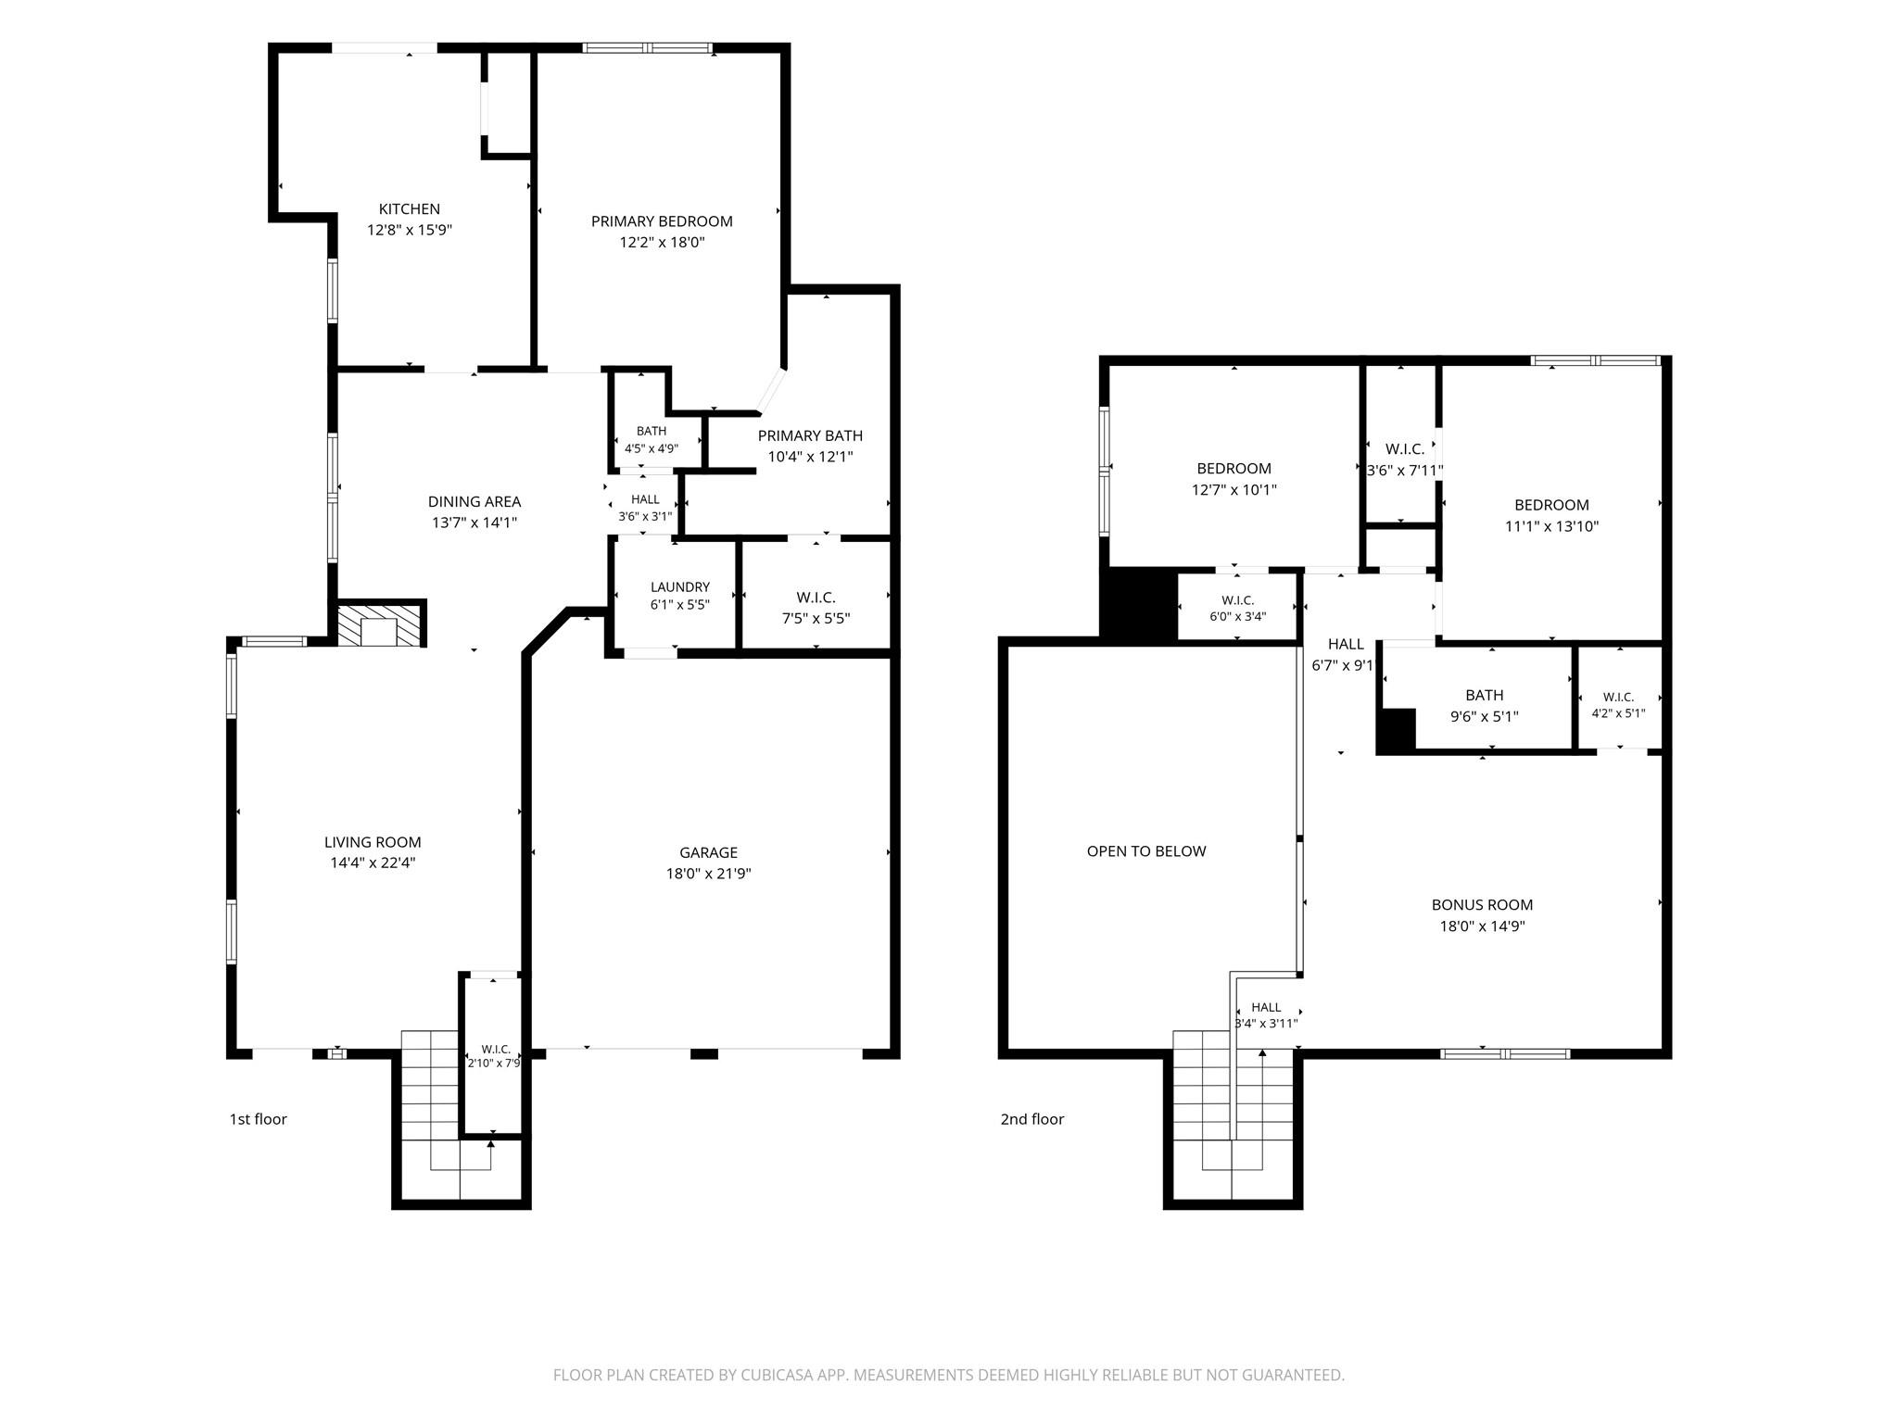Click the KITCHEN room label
(x=409, y=209)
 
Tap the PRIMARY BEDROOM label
(x=662, y=221)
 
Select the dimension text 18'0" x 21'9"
(x=708, y=874)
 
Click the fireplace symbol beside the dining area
(x=381, y=624)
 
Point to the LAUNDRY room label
(x=680, y=587)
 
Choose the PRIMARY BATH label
(x=810, y=436)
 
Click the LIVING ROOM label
(x=373, y=842)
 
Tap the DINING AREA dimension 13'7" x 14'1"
(x=474, y=523)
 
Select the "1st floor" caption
(x=259, y=1119)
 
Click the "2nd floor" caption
(x=1032, y=1119)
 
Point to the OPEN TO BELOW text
(x=1146, y=851)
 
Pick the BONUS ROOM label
(x=1483, y=905)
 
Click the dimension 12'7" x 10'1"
(x=1234, y=490)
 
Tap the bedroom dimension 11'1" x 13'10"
(x=1552, y=526)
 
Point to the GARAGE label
(x=709, y=852)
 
